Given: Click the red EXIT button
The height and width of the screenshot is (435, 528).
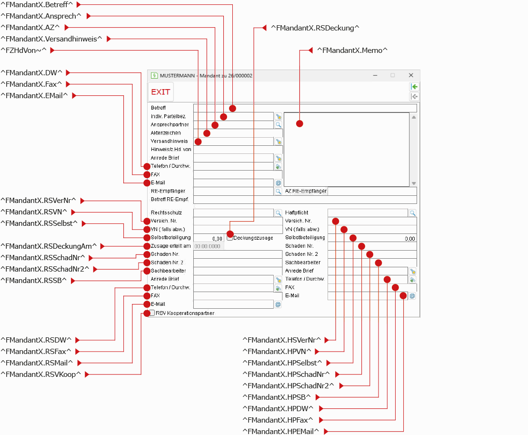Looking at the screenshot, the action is (160, 91).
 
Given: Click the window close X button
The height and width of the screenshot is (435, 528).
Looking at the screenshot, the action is (411, 75).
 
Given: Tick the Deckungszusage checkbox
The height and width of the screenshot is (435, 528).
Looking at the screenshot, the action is (229, 238).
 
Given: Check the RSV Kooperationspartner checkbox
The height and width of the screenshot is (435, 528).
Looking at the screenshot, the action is (152, 313).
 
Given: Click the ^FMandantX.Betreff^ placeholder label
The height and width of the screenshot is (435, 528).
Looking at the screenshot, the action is (37, 5).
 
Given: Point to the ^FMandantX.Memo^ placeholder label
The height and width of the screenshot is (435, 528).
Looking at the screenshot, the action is (352, 50).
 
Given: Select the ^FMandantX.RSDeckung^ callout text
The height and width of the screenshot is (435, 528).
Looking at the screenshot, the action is (315, 28).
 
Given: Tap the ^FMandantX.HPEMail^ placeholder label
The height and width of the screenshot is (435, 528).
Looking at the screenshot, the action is (280, 431).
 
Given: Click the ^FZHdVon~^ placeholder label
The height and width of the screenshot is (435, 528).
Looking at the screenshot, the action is (24, 50).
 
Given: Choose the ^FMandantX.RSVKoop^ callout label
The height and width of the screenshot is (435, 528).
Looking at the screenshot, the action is (41, 374).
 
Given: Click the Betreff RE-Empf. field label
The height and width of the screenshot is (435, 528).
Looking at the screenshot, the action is (169, 199).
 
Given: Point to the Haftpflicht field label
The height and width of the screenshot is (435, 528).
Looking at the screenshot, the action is (296, 212).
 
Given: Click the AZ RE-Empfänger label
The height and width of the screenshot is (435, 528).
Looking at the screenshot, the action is (306, 191).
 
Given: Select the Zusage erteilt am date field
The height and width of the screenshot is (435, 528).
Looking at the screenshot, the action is (209, 246).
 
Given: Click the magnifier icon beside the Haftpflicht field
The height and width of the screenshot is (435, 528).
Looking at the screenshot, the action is (412, 213).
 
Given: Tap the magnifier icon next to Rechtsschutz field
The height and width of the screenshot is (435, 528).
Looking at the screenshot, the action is (278, 213).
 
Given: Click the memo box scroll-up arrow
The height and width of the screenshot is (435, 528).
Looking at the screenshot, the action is (414, 117).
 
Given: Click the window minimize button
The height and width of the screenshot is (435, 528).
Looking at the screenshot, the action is (375, 75).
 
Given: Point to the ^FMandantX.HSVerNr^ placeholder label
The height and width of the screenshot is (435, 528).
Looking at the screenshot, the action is (281, 340).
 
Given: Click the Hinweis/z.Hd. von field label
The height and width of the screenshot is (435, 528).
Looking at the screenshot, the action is (171, 149).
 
